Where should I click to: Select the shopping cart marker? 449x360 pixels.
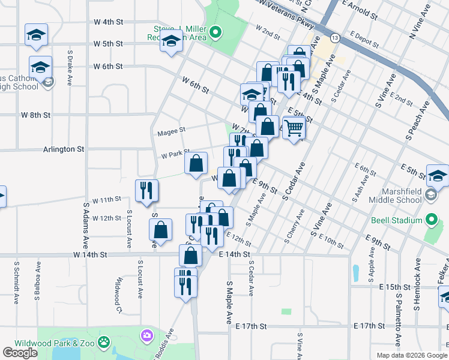[x=294, y=128]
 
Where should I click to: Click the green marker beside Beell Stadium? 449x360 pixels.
[x=431, y=220]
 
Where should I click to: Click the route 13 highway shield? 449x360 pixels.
[x=334, y=38]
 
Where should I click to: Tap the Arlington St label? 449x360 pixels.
[x=64, y=149]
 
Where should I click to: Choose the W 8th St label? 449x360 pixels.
[x=36, y=115]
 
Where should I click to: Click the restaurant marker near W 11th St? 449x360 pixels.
[x=147, y=191]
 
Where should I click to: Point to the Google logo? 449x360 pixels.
[x=20, y=353]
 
